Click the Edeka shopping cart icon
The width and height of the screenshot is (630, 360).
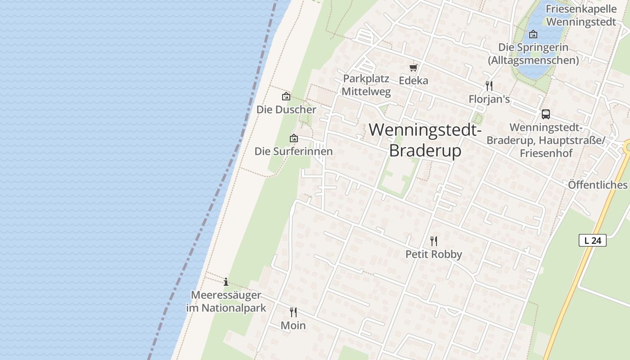point(413,68)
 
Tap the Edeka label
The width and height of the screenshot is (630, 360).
point(414,81)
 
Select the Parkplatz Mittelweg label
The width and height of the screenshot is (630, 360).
point(366,85)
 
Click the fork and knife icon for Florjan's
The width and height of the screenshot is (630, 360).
point(489,85)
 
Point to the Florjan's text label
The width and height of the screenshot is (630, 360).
point(489,99)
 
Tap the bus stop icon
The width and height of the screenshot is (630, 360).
point(545,114)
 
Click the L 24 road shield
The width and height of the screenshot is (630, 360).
point(592,240)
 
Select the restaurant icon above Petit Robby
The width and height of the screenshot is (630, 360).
point(433,241)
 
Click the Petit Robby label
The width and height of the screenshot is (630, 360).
point(433,254)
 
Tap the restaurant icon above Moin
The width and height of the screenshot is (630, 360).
point(293,312)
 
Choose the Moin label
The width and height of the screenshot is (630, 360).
point(293,325)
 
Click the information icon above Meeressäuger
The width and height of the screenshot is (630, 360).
point(225,282)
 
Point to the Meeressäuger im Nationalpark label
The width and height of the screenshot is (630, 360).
point(226,301)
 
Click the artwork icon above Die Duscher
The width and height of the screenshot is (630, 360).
point(286,96)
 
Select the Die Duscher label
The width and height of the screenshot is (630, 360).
point(286,109)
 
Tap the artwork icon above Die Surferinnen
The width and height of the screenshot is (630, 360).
point(293,138)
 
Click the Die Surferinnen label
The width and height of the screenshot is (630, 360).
point(293,151)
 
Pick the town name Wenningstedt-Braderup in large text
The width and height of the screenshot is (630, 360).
point(425,140)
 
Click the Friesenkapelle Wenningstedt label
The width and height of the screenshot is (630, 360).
point(580,15)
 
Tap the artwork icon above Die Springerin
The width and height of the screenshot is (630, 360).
point(533,34)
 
